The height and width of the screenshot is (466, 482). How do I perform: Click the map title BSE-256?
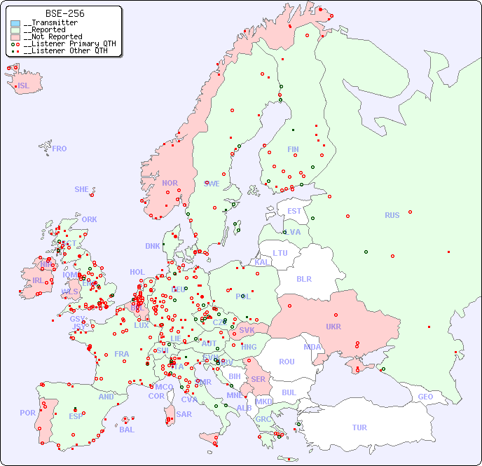tap(64, 13)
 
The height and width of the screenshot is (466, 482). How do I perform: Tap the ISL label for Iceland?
tap(24, 86)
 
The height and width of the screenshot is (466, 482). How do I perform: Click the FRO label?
tap(60, 149)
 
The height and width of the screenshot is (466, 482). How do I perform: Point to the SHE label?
tap(81, 189)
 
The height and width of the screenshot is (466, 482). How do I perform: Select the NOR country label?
tap(170, 183)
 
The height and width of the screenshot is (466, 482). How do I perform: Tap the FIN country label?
tap(293, 149)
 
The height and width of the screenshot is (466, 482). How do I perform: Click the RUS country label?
tap(392, 215)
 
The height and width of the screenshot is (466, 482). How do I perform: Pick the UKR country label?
tap(333, 327)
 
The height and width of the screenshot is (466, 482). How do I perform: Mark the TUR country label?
tap(359, 427)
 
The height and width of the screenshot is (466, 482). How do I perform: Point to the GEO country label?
tap(425, 397)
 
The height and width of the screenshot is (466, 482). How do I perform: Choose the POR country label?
tap(27, 413)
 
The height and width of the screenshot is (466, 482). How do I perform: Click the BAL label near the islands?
tap(127, 430)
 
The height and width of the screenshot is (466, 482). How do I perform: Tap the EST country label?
tap(294, 211)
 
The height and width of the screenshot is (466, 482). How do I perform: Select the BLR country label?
tap(304, 278)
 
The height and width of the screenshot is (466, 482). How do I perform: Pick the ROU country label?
tap(287, 362)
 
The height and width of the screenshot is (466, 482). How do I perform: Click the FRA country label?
tap(122, 354)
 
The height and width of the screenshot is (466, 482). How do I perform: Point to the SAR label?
tap(184, 414)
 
